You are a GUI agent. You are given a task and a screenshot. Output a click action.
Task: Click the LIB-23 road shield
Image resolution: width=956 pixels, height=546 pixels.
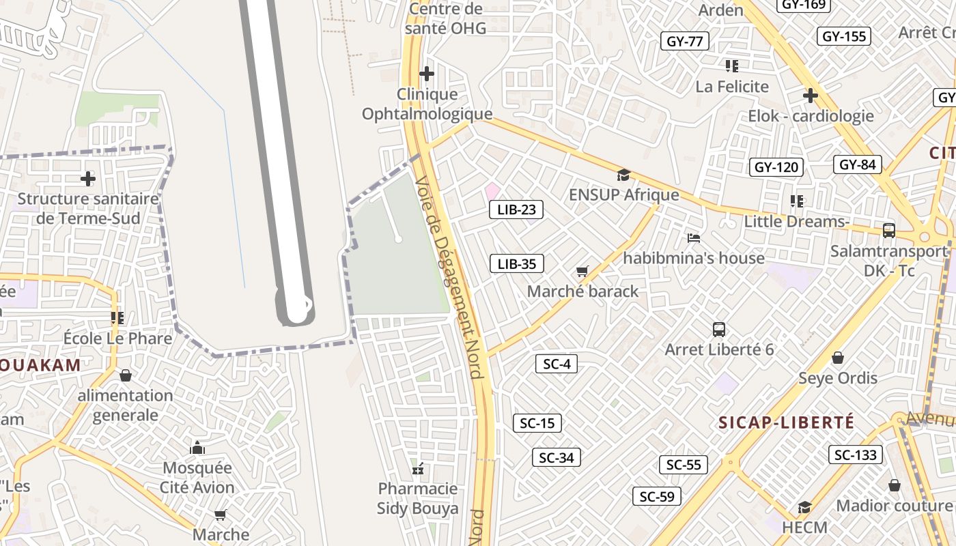click(x=516, y=210)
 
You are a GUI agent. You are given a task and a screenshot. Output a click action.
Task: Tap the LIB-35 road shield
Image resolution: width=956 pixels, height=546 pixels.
click(x=516, y=263)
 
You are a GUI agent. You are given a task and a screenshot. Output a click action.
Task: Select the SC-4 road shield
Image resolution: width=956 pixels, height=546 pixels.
click(x=557, y=364)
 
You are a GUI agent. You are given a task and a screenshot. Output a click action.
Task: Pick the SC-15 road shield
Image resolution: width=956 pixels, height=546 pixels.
click(x=537, y=423)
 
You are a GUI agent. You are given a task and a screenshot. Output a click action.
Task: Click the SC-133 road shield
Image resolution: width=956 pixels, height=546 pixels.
click(x=856, y=455)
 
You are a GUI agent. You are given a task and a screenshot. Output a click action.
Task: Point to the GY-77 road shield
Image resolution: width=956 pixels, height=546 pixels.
click(x=684, y=41)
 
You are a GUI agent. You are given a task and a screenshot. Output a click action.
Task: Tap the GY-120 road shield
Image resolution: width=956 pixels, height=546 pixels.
click(x=776, y=167)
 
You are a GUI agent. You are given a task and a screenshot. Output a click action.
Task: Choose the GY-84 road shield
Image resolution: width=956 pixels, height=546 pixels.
click(x=858, y=164)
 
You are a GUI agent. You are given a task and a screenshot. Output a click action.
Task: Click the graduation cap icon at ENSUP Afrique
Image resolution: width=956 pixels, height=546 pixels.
click(x=623, y=175)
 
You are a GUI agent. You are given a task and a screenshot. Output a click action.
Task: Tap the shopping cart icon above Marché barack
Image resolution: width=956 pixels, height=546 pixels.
click(x=582, y=272)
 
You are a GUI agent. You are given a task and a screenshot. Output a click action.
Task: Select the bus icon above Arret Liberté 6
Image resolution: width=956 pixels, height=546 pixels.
click(x=719, y=330)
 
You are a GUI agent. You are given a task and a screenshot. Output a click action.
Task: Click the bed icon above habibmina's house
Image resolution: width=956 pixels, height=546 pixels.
click(x=694, y=238)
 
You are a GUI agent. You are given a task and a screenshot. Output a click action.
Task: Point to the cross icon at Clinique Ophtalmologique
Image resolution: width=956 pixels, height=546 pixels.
click(x=427, y=74)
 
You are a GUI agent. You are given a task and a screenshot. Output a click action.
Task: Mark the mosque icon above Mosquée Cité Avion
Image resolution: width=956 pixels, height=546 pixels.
click(x=197, y=448)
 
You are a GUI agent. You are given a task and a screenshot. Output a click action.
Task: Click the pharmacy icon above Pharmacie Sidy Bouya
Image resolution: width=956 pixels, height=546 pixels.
click(x=418, y=469)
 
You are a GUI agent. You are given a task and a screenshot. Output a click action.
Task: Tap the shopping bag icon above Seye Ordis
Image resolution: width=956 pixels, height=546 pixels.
click(x=838, y=358)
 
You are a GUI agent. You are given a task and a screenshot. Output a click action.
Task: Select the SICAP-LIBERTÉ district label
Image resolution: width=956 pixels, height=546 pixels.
click(x=786, y=422)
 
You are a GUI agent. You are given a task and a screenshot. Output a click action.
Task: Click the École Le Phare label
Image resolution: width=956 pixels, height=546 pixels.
click(x=117, y=339)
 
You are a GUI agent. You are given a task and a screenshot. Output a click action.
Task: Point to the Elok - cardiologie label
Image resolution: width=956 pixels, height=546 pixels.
click(x=811, y=116)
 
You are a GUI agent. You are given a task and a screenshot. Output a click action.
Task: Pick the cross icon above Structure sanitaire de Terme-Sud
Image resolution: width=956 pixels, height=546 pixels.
click(x=88, y=179)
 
